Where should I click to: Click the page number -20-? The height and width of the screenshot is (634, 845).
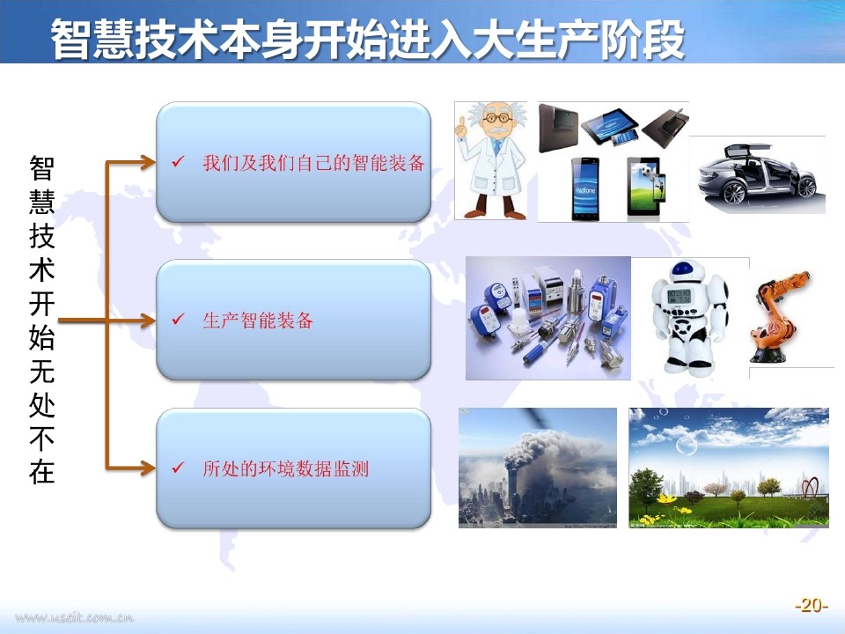(811, 605)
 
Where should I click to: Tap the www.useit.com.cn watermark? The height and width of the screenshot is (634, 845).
(74, 617)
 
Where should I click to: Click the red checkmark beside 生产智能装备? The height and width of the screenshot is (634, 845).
(179, 320)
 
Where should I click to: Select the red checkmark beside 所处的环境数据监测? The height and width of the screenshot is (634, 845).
(179, 468)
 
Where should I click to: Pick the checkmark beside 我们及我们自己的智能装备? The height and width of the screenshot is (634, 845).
(179, 161)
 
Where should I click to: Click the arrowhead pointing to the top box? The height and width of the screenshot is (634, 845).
(148, 162)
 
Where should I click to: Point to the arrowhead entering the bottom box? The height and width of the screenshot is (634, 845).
(148, 468)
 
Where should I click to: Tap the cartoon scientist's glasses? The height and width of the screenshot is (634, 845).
(496, 117)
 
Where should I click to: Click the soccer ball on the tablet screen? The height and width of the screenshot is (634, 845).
(645, 172)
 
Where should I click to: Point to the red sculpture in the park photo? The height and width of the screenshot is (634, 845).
(810, 487)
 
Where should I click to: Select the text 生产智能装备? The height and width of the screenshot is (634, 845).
(258, 321)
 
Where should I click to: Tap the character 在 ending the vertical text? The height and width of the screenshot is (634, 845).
(42, 471)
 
